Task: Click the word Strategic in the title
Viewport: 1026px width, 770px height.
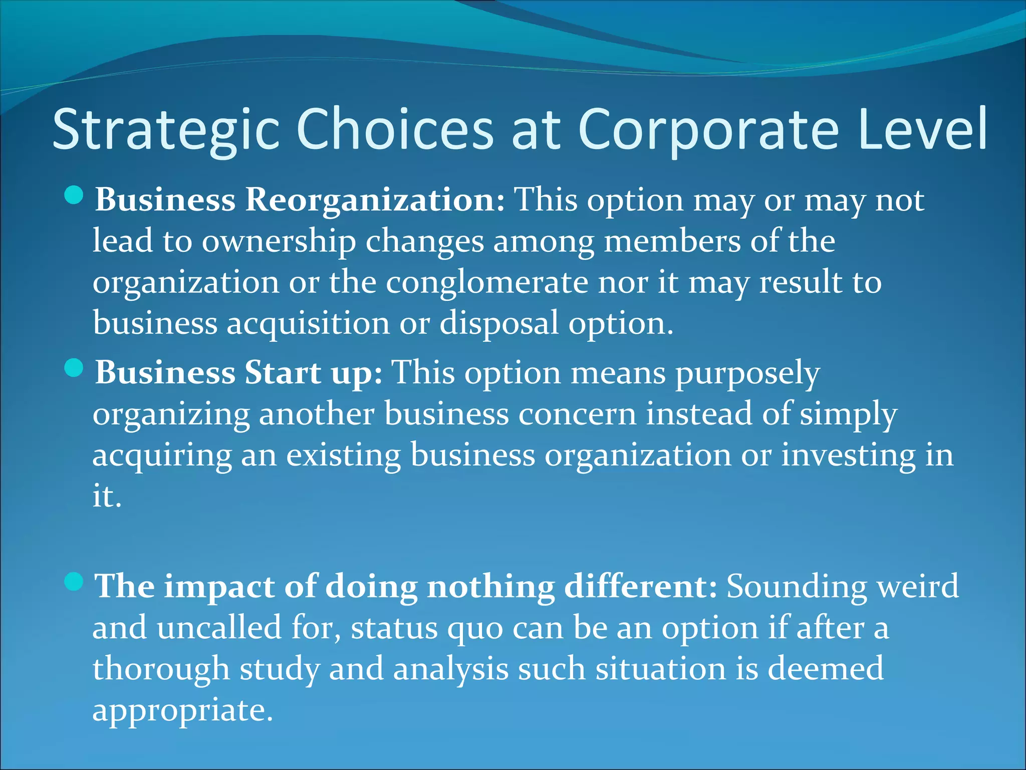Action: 165,129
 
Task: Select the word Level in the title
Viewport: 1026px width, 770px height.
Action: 922,129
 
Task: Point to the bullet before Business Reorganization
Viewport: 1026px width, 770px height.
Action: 74,195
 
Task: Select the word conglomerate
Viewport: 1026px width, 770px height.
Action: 486,282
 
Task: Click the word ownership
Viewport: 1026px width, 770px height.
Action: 279,241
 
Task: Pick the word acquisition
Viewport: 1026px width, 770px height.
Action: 308,323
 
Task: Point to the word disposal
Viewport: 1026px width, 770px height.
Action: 498,323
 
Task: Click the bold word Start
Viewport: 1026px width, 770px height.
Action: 283,373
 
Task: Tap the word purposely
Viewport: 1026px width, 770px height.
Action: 747,374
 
